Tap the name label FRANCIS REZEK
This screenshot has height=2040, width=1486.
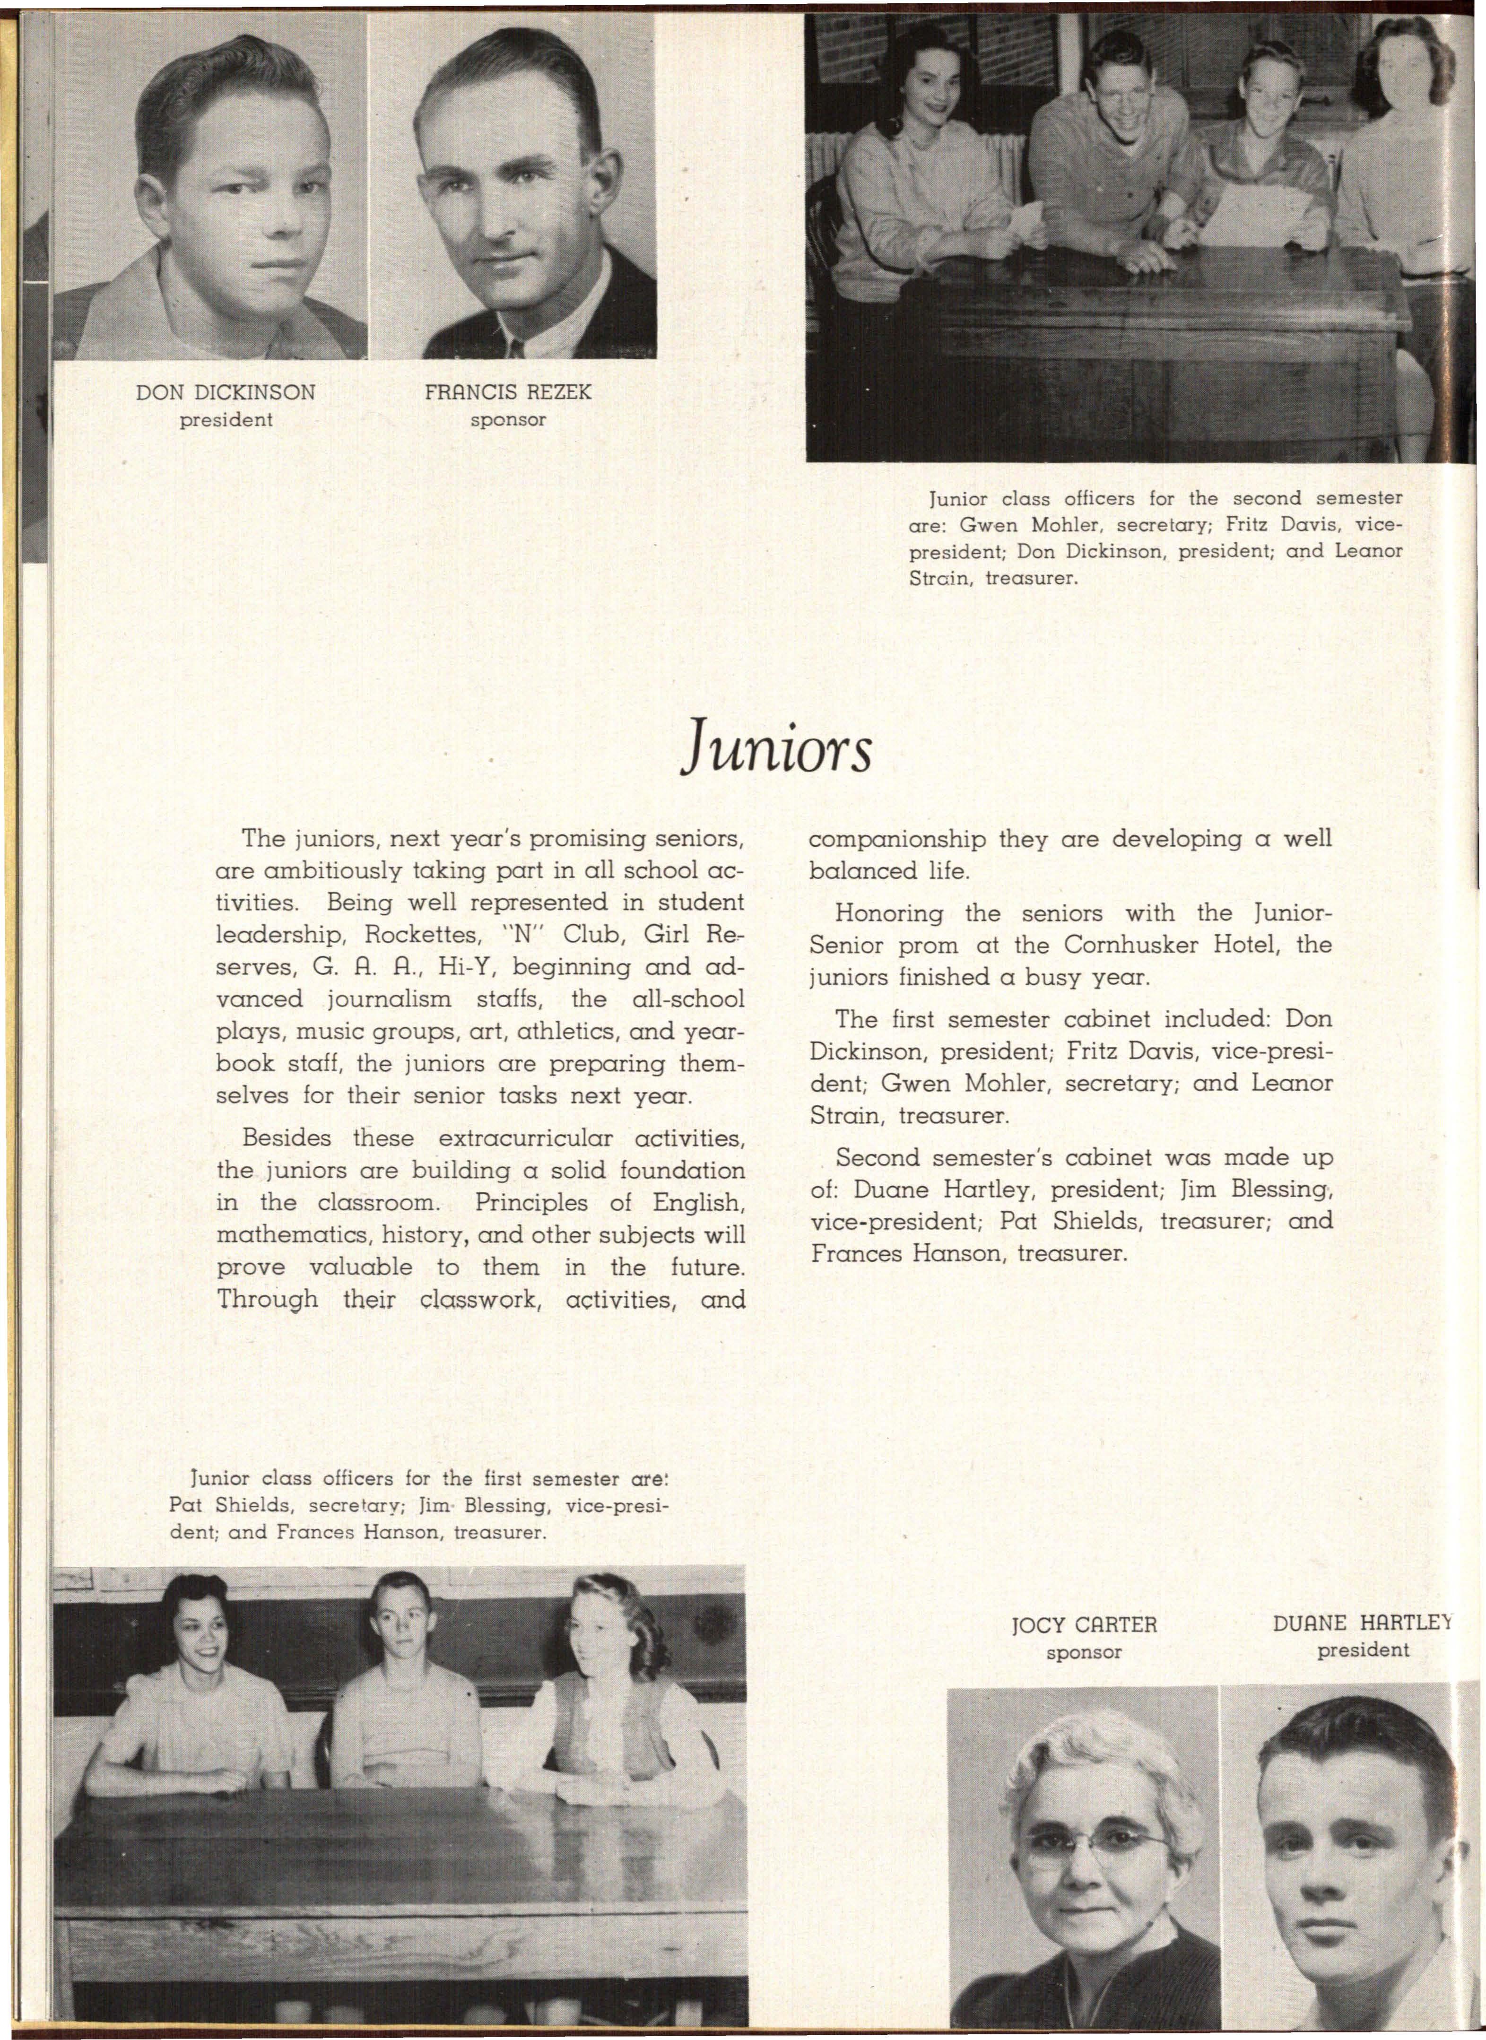(x=508, y=393)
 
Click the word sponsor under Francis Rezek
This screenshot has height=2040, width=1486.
(x=508, y=420)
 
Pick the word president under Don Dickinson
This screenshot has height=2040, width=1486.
(x=226, y=420)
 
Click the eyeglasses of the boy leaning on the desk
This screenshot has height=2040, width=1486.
(x=1121, y=93)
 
